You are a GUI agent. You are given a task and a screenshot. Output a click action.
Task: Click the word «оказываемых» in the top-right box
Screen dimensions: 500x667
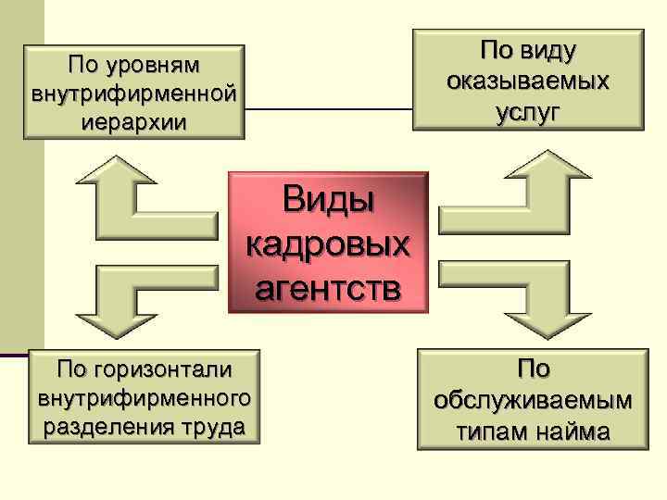coord(527,81)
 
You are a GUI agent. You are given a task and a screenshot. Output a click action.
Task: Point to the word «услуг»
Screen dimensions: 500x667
coord(527,111)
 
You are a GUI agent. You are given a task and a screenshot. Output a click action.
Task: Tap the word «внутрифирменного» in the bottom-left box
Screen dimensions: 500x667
coord(144,398)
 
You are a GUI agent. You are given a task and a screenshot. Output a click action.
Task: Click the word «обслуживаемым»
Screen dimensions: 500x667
coord(534,400)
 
